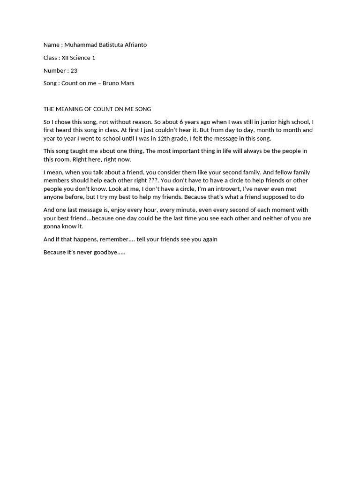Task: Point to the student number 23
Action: (x=74, y=70)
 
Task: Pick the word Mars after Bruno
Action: (x=128, y=83)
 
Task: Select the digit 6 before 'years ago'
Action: (x=181, y=122)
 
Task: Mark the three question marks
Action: (x=154, y=180)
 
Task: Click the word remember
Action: (x=112, y=239)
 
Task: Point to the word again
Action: (x=210, y=239)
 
